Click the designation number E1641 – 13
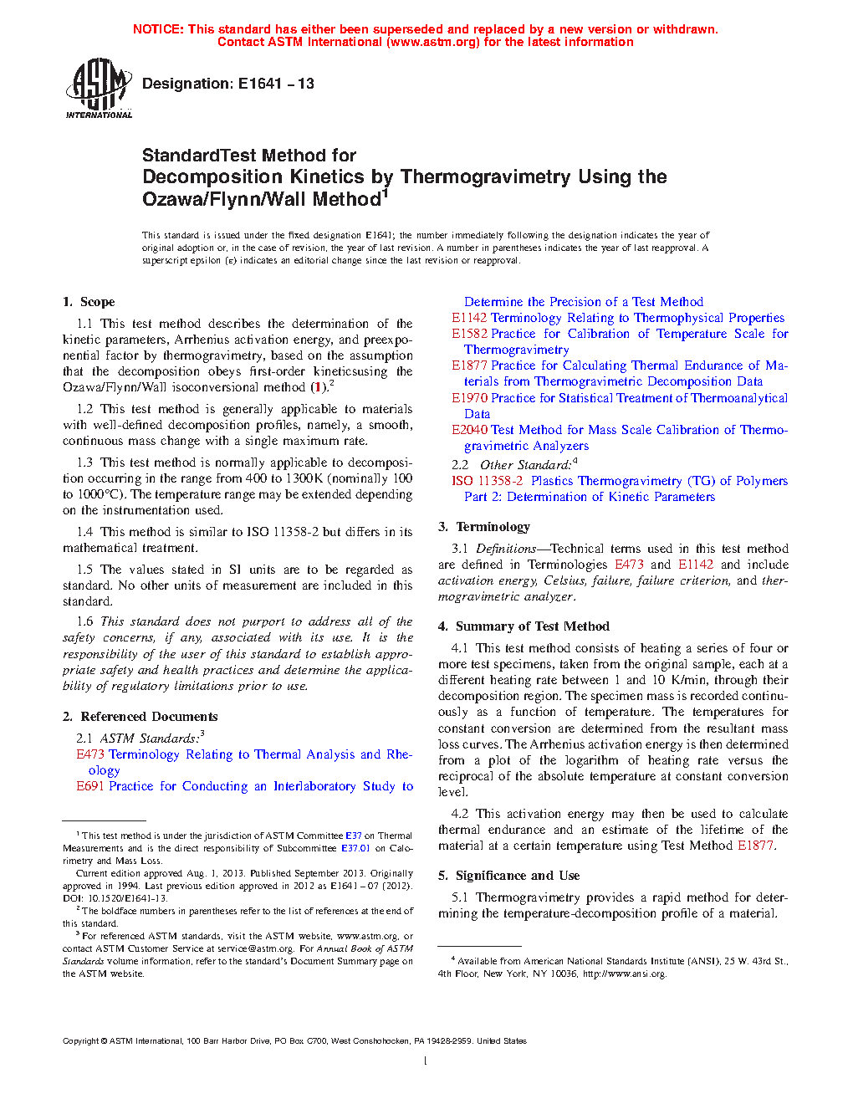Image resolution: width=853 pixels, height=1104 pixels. [x=276, y=84]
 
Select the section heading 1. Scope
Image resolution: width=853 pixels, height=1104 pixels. [x=89, y=302]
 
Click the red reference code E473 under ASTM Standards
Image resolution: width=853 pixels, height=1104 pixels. [x=90, y=754]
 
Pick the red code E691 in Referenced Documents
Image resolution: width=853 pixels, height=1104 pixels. [x=90, y=786]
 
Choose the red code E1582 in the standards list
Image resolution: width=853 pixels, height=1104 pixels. [x=469, y=334]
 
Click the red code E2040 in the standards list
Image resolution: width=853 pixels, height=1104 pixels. [x=469, y=430]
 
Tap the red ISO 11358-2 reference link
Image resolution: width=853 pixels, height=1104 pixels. [x=487, y=481]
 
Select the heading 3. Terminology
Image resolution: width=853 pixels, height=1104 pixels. [x=484, y=527]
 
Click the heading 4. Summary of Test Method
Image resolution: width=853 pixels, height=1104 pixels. [x=524, y=626]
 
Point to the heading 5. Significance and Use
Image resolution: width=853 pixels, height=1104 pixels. [x=508, y=876]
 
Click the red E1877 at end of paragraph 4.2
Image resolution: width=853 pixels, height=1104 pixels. [x=755, y=846]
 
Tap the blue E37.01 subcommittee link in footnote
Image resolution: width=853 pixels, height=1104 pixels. [x=355, y=848]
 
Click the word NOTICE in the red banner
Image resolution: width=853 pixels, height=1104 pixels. [x=158, y=29]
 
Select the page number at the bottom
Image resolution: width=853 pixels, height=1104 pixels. [x=426, y=1061]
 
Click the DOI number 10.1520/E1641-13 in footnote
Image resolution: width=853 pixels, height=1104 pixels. [x=123, y=898]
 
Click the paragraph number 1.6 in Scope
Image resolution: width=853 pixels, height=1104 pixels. [x=84, y=621]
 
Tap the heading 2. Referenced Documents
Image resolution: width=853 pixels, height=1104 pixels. [x=140, y=717]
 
